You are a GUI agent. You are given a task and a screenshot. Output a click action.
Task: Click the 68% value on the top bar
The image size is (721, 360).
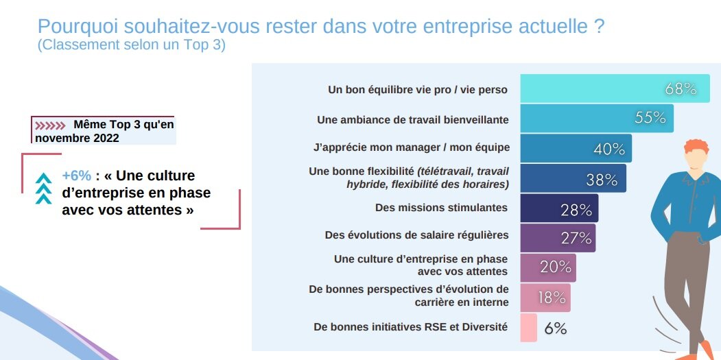[x=681, y=89]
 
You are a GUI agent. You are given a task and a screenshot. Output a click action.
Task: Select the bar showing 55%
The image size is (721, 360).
[x=597, y=118]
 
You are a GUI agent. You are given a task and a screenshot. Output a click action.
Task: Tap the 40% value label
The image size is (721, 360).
[x=608, y=149]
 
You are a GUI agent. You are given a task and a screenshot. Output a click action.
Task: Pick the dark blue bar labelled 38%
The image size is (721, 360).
[x=573, y=178]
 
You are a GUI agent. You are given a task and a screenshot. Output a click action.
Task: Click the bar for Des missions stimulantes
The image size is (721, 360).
[x=559, y=208]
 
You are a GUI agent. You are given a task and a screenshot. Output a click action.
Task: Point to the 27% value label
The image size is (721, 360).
[x=576, y=238]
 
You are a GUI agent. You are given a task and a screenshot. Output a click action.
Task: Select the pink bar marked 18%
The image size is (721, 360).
[x=545, y=298]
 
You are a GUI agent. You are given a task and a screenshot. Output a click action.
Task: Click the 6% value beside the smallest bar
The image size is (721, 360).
[x=555, y=328]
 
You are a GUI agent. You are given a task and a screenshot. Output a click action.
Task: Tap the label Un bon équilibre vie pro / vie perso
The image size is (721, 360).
[x=418, y=90]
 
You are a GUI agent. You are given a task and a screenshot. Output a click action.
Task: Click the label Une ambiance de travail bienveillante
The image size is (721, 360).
[x=412, y=119]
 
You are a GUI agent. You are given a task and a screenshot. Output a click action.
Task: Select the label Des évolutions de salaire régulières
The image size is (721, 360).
[x=416, y=235]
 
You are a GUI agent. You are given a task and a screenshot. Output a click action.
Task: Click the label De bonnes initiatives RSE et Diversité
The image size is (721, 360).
[x=410, y=327]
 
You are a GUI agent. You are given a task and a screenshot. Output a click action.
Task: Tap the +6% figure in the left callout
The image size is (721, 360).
[x=76, y=176]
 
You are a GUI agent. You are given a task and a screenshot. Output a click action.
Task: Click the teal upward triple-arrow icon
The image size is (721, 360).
[x=44, y=189]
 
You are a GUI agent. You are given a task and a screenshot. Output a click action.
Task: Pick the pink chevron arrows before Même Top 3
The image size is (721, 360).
[x=50, y=125]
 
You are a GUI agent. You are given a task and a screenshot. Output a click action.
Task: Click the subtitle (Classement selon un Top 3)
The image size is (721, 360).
[x=131, y=45]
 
